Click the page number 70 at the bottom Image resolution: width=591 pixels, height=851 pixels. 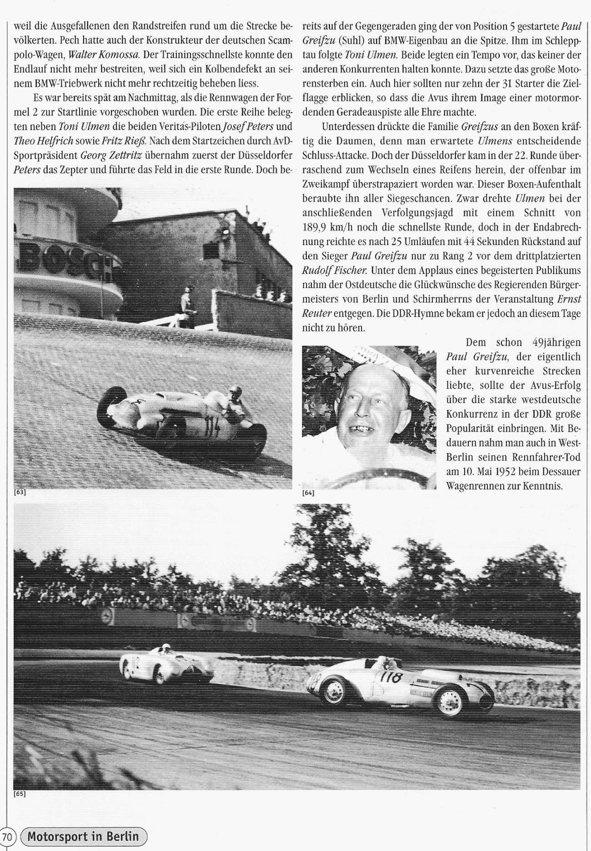(x=7, y=836)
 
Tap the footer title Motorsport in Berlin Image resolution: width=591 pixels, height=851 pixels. (x=83, y=836)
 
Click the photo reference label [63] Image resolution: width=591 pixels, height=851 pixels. (x=20, y=493)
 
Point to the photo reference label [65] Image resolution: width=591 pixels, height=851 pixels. (x=20, y=794)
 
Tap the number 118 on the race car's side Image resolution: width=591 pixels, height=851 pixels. (x=391, y=678)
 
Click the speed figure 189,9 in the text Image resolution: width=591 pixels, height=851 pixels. (x=317, y=227)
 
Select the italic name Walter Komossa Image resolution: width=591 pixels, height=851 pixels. (x=103, y=55)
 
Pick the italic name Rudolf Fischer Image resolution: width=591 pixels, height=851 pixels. (x=334, y=270)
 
